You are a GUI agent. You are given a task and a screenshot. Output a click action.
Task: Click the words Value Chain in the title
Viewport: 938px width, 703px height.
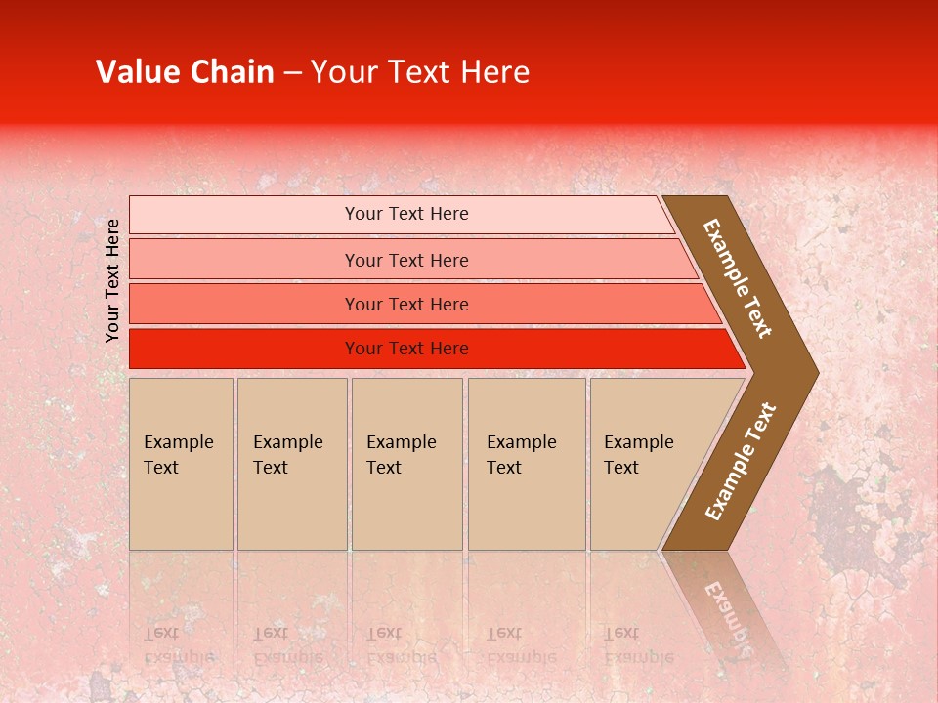(185, 72)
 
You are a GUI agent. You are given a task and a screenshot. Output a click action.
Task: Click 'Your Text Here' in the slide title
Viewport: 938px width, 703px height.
(420, 72)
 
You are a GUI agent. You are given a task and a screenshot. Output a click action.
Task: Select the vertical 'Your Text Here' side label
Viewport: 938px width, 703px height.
(112, 280)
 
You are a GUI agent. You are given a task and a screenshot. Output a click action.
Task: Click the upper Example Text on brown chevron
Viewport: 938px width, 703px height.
(738, 278)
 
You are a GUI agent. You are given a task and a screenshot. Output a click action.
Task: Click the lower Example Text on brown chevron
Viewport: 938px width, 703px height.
(741, 462)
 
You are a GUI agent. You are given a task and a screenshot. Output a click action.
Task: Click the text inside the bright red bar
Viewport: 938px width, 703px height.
(406, 349)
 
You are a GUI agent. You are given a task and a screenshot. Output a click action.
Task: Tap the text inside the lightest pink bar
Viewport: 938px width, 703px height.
(406, 214)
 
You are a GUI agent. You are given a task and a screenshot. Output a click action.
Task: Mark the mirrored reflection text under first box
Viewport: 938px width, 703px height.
(178, 644)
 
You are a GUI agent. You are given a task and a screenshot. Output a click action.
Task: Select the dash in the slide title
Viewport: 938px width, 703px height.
(292, 73)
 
